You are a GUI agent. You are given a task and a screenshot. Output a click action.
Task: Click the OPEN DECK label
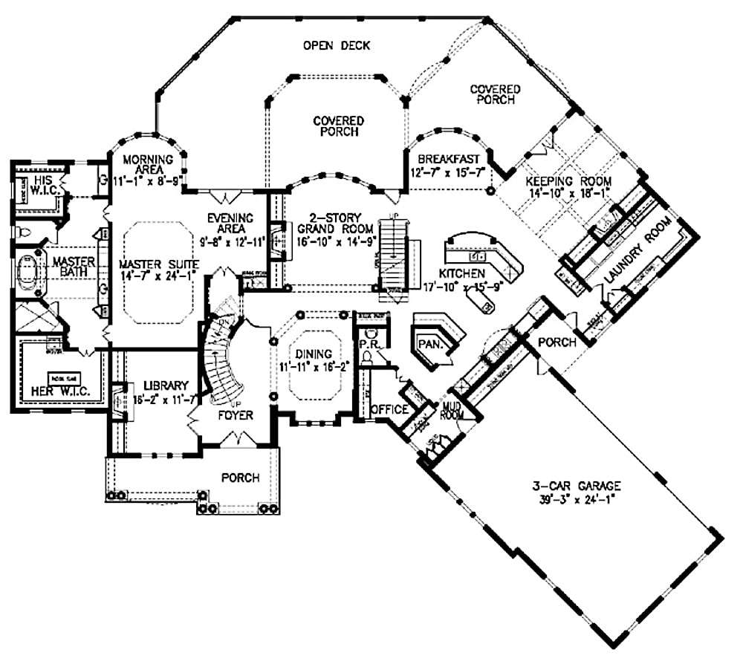[336, 46]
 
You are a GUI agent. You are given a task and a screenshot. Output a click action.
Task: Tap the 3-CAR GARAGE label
[576, 486]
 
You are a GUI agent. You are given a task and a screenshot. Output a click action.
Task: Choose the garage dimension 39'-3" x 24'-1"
[576, 500]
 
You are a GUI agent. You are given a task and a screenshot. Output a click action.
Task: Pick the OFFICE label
[389, 409]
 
